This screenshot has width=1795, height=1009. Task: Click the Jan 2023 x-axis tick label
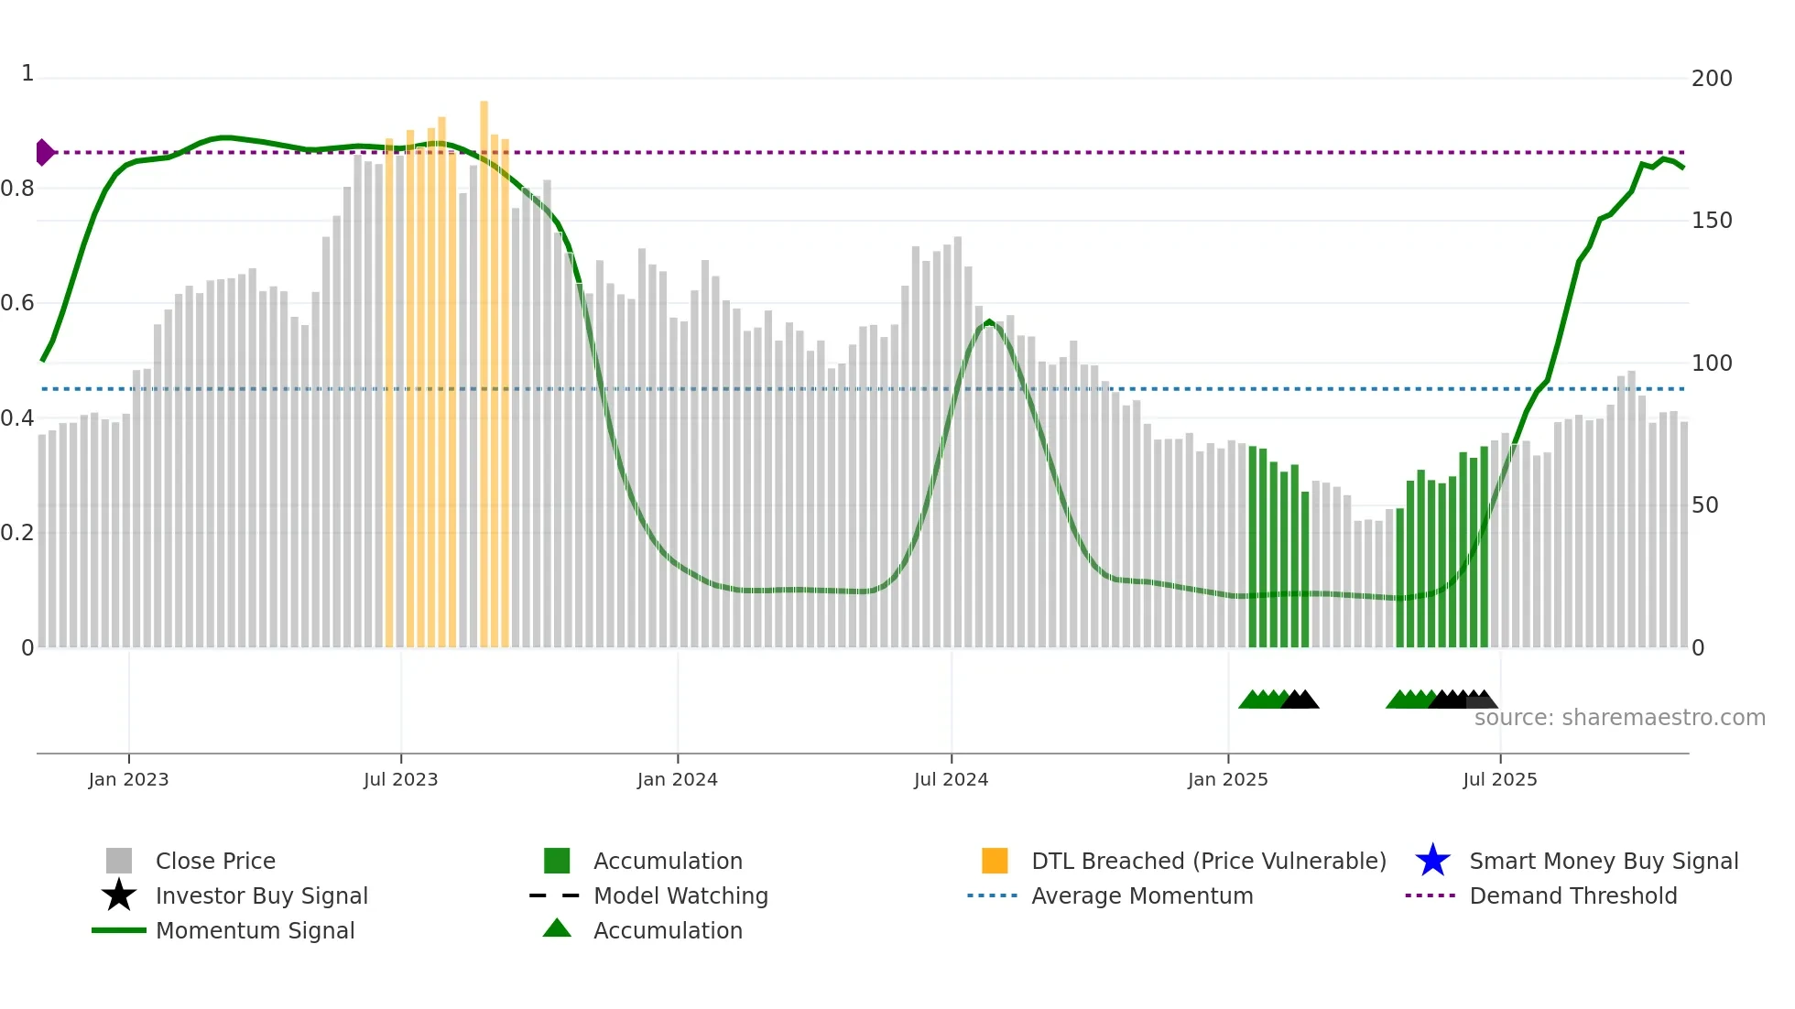[x=128, y=779]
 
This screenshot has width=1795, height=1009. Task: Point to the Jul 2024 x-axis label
[x=951, y=779]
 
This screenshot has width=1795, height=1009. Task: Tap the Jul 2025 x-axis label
[x=1499, y=779]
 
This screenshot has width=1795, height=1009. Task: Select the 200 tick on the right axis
[x=1711, y=79]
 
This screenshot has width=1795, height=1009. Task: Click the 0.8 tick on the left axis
[x=17, y=189]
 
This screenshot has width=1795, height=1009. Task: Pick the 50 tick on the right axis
[x=1704, y=505]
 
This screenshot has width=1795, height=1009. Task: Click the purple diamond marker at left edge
[x=44, y=152]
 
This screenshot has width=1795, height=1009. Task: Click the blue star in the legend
[x=1432, y=861]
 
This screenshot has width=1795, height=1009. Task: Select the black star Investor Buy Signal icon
[x=119, y=895]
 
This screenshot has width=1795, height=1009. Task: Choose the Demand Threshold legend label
[x=1572, y=895]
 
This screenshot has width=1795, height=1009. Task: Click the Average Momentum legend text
[x=1141, y=895]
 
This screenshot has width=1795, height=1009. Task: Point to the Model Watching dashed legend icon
[x=555, y=895]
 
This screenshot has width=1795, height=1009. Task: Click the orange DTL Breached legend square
[x=995, y=861]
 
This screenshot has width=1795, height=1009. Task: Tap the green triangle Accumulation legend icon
[x=557, y=928]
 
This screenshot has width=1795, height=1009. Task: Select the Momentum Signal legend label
[x=255, y=930]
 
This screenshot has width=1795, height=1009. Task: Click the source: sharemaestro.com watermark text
[x=1619, y=718]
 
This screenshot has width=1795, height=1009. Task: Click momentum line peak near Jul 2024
[x=988, y=322]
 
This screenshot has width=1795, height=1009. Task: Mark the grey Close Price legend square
[x=119, y=861]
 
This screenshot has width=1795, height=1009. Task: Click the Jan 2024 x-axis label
[x=677, y=779]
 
